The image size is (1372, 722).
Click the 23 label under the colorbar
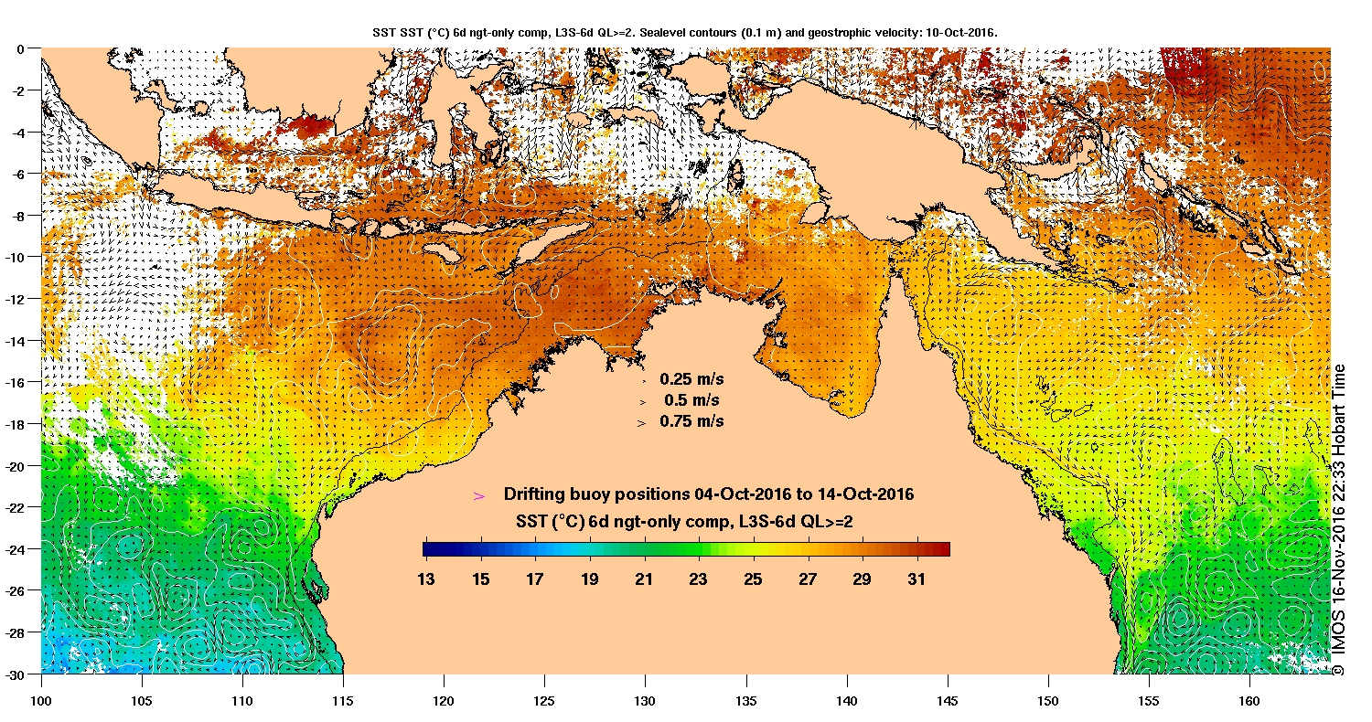[699, 579]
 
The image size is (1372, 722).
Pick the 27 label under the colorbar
[808, 579]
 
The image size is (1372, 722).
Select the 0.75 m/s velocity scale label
[691, 421]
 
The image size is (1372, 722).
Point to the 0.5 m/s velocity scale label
[691, 400]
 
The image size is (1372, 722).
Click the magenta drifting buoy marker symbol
[477, 495]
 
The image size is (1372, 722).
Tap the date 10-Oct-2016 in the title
[962, 32]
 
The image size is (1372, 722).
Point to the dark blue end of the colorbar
[428, 549]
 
